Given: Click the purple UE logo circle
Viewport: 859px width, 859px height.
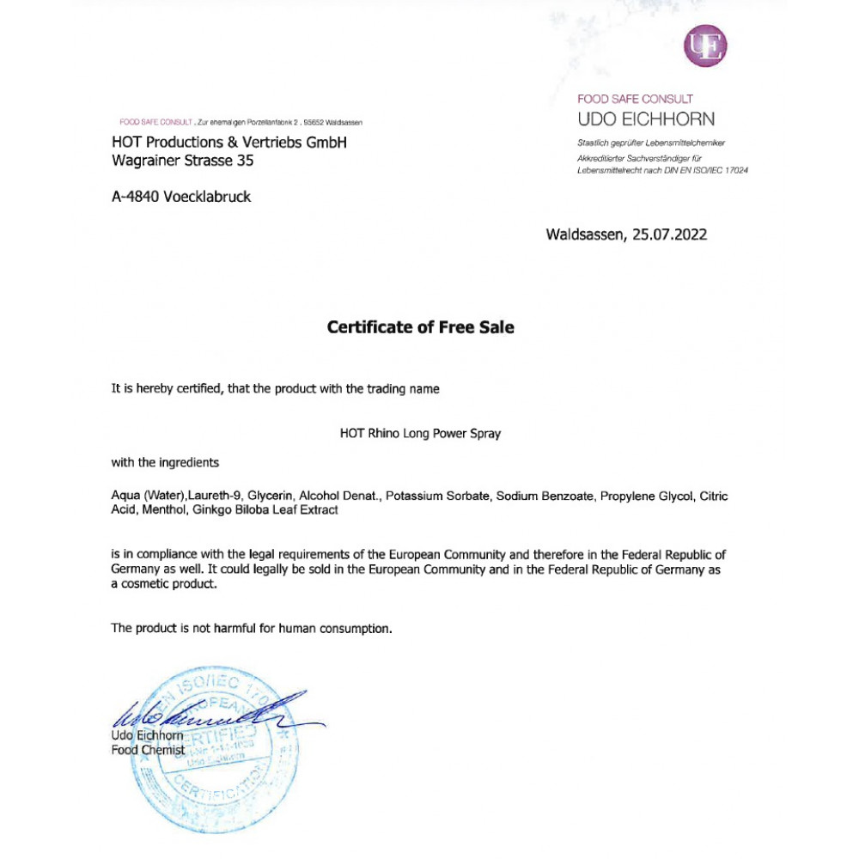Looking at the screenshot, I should click(705, 46).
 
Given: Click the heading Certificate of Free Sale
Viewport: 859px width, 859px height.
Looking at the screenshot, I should click(421, 327).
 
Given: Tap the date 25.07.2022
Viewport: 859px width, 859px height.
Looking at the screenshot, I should click(669, 234).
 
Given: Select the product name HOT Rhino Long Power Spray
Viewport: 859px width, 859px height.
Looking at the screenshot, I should click(420, 434).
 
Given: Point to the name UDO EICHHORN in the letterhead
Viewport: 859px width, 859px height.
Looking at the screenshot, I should click(646, 119).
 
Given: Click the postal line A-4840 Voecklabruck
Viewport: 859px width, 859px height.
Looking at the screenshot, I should click(181, 197).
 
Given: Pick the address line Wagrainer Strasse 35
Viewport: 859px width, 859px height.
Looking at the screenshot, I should click(183, 160).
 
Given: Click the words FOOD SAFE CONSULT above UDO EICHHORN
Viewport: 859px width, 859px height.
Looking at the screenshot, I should click(635, 99).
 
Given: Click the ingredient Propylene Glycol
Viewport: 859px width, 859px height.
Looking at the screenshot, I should click(647, 497).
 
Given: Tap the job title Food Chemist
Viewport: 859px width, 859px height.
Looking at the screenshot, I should click(148, 750).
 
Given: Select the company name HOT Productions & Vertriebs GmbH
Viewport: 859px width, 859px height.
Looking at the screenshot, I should click(229, 143).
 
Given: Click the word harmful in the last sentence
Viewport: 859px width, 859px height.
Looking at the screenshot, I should click(234, 628).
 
